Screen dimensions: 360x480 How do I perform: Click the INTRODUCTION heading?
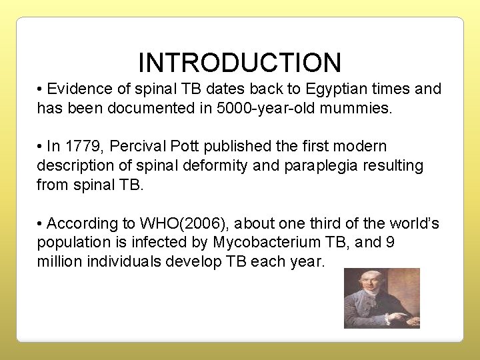239,62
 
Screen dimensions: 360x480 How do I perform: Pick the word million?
60,261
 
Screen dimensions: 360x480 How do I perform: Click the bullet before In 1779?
41,146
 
